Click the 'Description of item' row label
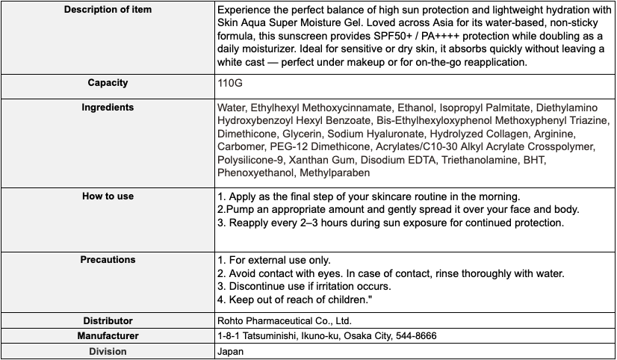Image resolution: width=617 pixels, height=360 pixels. [108, 9]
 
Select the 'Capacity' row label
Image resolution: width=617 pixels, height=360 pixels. [108, 83]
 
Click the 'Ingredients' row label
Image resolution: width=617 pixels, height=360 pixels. [108, 107]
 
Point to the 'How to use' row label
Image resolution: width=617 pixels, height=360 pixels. [108, 196]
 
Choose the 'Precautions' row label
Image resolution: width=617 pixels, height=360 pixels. [108, 259]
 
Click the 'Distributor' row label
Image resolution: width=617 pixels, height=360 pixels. [108, 321]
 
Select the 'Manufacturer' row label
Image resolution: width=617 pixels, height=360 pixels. [108, 336]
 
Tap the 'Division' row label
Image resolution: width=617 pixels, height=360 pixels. [108, 351]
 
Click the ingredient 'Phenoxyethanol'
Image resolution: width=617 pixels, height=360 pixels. [254, 173]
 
